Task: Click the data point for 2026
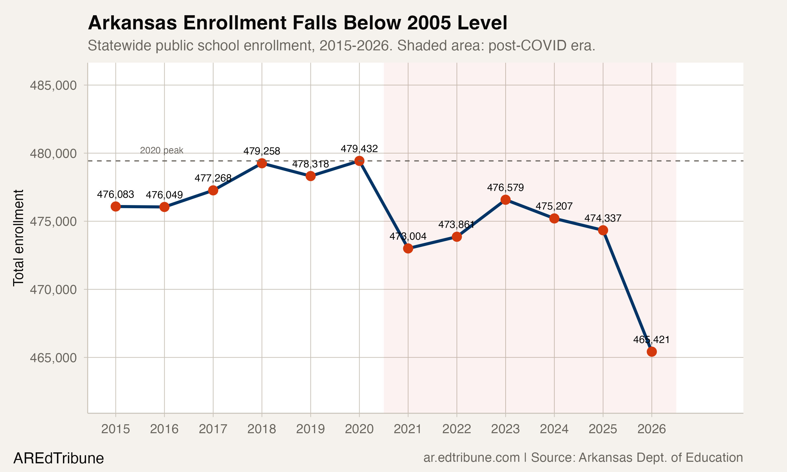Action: pyautogui.click(x=651, y=351)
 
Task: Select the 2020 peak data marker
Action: pyautogui.click(x=359, y=161)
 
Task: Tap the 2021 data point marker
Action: pyautogui.click(x=408, y=248)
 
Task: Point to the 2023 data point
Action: pyautogui.click(x=506, y=200)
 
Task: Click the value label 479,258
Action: pyautogui.click(x=262, y=151)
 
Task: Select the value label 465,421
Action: pyautogui.click(x=651, y=340)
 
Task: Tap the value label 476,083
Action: pyautogui.click(x=115, y=194)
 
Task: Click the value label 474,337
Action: pyautogui.click(x=603, y=218)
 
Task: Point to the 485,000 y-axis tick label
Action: pyautogui.click(x=53, y=85)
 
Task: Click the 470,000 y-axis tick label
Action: pyautogui.click(x=53, y=290)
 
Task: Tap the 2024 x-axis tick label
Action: pyautogui.click(x=554, y=429)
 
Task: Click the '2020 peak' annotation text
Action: pyautogui.click(x=162, y=151)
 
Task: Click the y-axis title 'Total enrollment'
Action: pyautogui.click(x=18, y=238)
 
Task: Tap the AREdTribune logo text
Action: pyautogui.click(x=59, y=458)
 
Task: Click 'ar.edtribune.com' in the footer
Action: pyautogui.click(x=471, y=458)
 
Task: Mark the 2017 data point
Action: pyautogui.click(x=213, y=190)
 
